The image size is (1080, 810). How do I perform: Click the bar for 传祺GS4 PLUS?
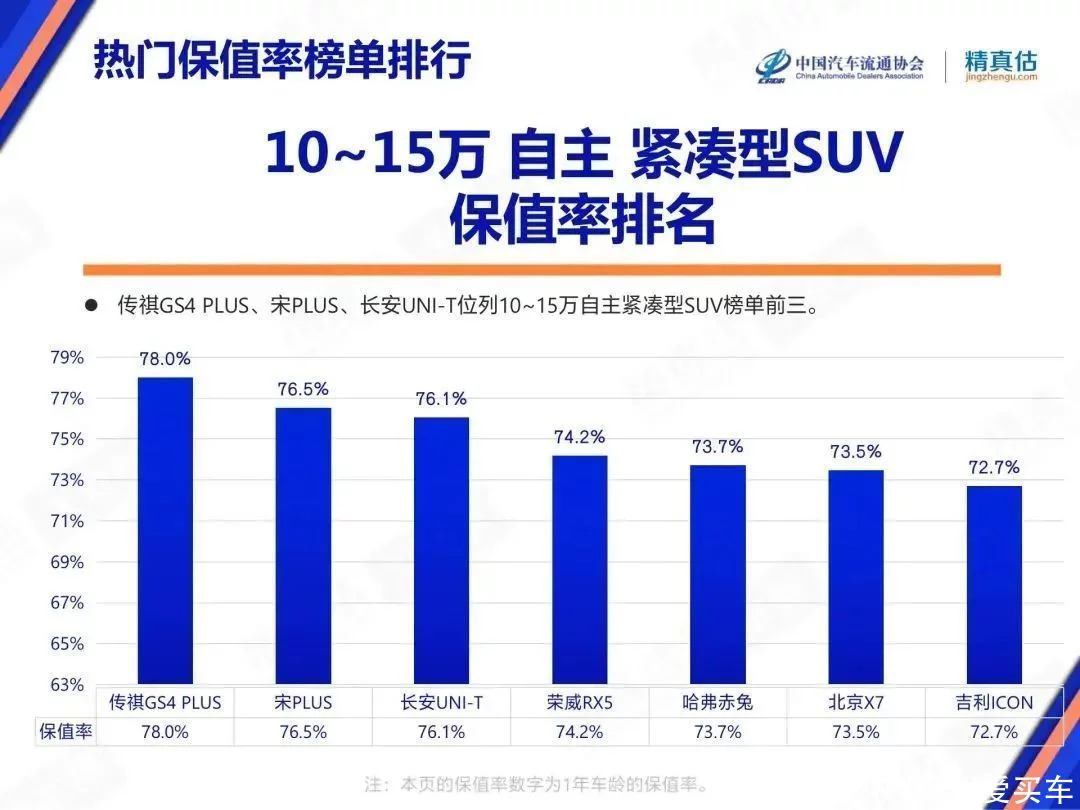165,530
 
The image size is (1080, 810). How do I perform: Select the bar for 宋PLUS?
303,545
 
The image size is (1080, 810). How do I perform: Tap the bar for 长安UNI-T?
441,550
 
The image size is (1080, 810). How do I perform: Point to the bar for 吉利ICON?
993,585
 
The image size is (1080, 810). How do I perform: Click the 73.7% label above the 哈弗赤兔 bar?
717,447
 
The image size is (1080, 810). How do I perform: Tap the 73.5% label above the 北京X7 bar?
855,451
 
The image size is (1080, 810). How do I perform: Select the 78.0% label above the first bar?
165,359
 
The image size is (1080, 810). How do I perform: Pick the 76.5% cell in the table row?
303,731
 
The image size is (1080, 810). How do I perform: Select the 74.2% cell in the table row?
579,731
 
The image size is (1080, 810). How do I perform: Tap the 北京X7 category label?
855,702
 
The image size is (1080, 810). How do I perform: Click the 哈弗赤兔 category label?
717,702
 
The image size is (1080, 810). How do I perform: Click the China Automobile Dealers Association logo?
839,66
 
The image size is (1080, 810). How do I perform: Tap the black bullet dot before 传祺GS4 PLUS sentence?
91,306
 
